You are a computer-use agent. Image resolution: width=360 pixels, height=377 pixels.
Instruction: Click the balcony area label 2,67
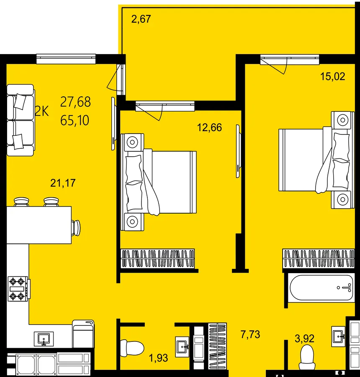pos(141,19)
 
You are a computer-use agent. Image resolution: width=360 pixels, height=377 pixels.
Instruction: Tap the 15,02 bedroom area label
pos(333,77)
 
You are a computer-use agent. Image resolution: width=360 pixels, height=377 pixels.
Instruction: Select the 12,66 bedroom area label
pos(209,127)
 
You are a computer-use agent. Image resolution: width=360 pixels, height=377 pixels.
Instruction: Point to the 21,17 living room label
pos(63,183)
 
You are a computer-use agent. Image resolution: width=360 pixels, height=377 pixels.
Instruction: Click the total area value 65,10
pos(75,120)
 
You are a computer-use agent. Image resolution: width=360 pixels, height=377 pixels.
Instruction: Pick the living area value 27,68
pos(75,102)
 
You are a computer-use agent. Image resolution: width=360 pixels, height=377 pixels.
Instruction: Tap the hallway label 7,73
pos(250,334)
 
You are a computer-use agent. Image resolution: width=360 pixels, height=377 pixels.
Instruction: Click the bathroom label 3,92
pos(304,338)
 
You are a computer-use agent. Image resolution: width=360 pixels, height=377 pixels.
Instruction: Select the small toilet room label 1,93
pos(158,358)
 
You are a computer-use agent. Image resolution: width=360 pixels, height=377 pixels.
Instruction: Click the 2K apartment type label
pos(42,111)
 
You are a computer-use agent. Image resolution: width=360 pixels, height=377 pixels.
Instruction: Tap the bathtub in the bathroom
pos(321,287)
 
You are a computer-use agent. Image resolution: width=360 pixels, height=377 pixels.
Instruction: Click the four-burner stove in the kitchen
pos(19,289)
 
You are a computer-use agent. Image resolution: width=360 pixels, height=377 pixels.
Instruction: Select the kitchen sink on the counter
pos(44,339)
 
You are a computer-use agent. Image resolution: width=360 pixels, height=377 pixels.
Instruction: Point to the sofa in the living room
pos(21,120)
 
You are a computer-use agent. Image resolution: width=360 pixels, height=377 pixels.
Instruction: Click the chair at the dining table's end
pos(76,227)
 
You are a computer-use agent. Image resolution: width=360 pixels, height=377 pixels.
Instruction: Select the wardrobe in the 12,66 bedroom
pos(158,259)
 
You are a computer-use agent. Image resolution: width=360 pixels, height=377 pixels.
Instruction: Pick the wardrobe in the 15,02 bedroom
pos(319,259)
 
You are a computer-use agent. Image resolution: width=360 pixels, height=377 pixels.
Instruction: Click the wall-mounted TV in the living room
pos(113,124)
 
